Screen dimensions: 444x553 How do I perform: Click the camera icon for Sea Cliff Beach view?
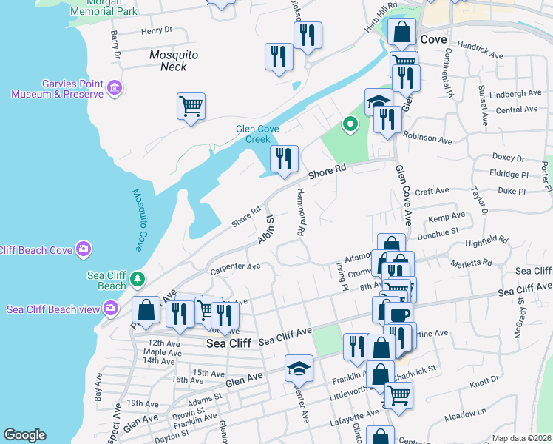coord(111,307)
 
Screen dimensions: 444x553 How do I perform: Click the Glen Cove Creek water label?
coord(257,133)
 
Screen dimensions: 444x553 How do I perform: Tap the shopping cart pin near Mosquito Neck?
coord(191,107)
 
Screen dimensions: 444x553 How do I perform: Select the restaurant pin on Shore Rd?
coord(284,158)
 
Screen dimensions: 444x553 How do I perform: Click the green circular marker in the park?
coord(350,124)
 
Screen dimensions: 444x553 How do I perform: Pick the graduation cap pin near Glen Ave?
coord(299,368)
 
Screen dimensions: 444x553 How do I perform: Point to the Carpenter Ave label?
coord(236,266)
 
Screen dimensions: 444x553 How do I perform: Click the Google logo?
coord(24,435)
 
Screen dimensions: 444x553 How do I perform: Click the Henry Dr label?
coord(156,30)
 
